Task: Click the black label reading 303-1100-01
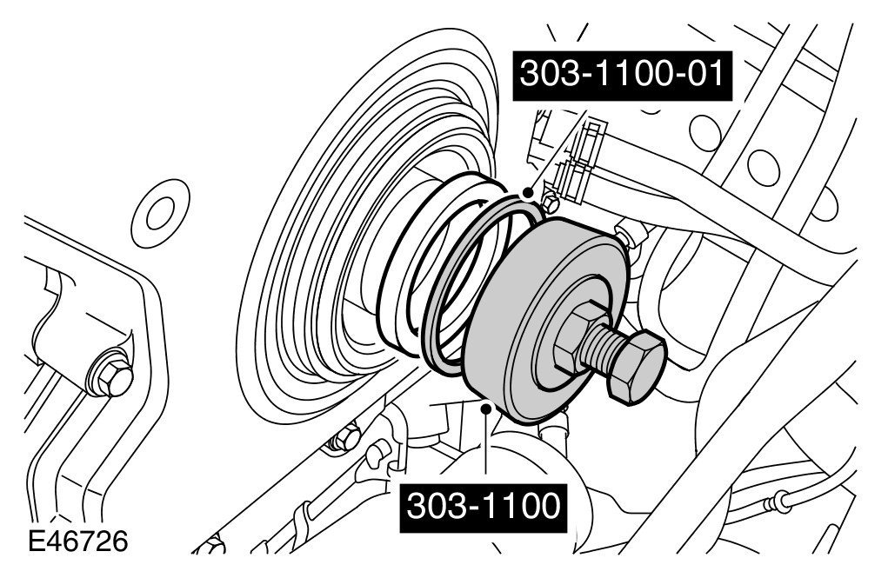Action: pyautogui.click(x=623, y=76)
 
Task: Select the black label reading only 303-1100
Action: pyautogui.click(x=483, y=508)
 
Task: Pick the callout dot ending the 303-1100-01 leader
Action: pyautogui.click(x=529, y=194)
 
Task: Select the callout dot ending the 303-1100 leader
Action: pyautogui.click(x=485, y=407)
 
